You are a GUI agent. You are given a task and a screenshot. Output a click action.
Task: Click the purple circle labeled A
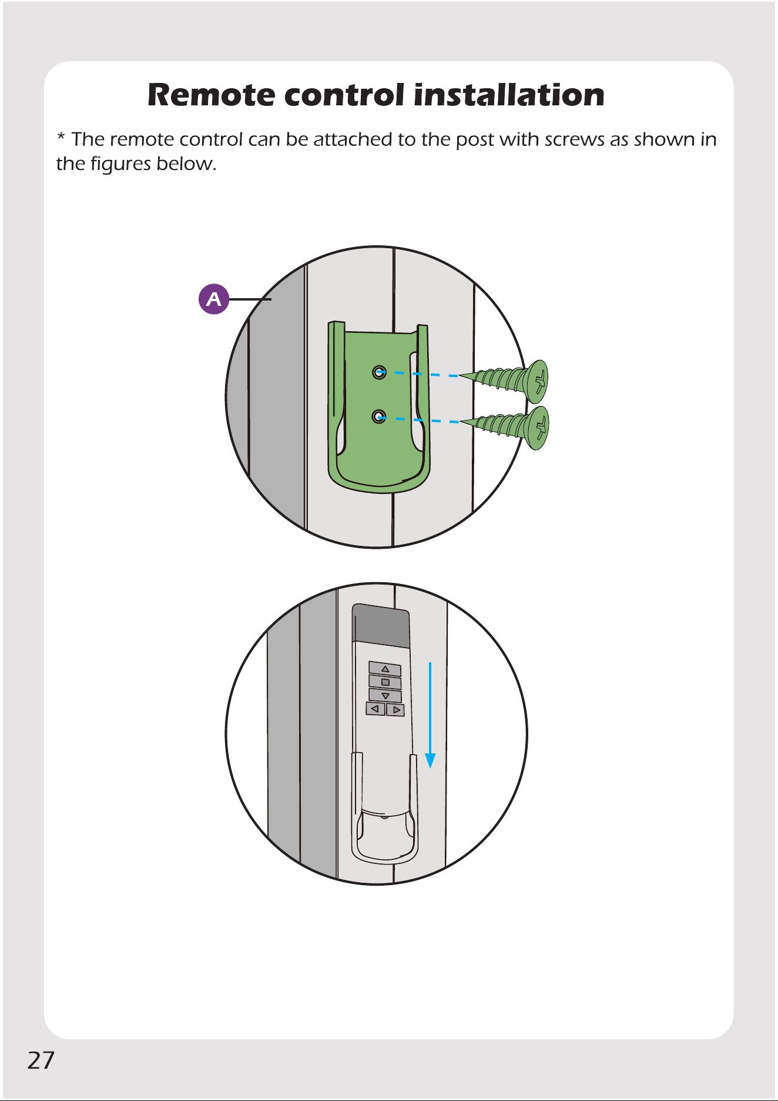(x=214, y=299)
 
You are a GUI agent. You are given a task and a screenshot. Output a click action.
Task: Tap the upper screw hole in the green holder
(x=380, y=372)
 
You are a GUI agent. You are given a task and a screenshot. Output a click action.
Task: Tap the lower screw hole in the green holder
(x=380, y=417)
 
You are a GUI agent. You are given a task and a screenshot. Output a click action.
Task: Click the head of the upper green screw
(x=537, y=382)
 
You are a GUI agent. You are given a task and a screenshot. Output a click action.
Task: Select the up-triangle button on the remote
(x=385, y=669)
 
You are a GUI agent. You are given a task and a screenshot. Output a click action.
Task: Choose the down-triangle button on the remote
(x=385, y=696)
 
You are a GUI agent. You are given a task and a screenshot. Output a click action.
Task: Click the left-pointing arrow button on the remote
(x=375, y=709)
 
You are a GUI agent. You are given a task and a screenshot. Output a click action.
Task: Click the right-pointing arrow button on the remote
(x=395, y=710)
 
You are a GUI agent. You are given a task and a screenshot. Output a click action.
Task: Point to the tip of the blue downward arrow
(x=431, y=768)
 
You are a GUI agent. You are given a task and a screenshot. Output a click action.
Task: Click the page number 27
(x=41, y=1060)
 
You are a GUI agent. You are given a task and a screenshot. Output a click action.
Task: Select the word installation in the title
(x=509, y=95)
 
